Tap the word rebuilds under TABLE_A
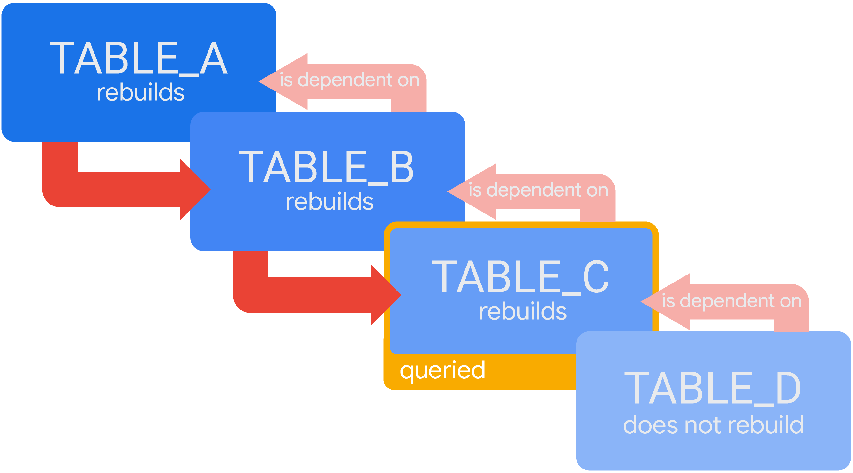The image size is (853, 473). [140, 92]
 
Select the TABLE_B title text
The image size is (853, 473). [326, 167]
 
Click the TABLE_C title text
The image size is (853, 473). [520, 277]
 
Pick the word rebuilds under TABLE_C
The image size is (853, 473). [523, 312]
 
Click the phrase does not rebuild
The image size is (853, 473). [713, 425]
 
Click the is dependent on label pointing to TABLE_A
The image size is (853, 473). [349, 80]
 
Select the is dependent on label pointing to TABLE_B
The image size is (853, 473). [538, 190]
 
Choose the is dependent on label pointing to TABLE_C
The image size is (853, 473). [731, 301]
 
